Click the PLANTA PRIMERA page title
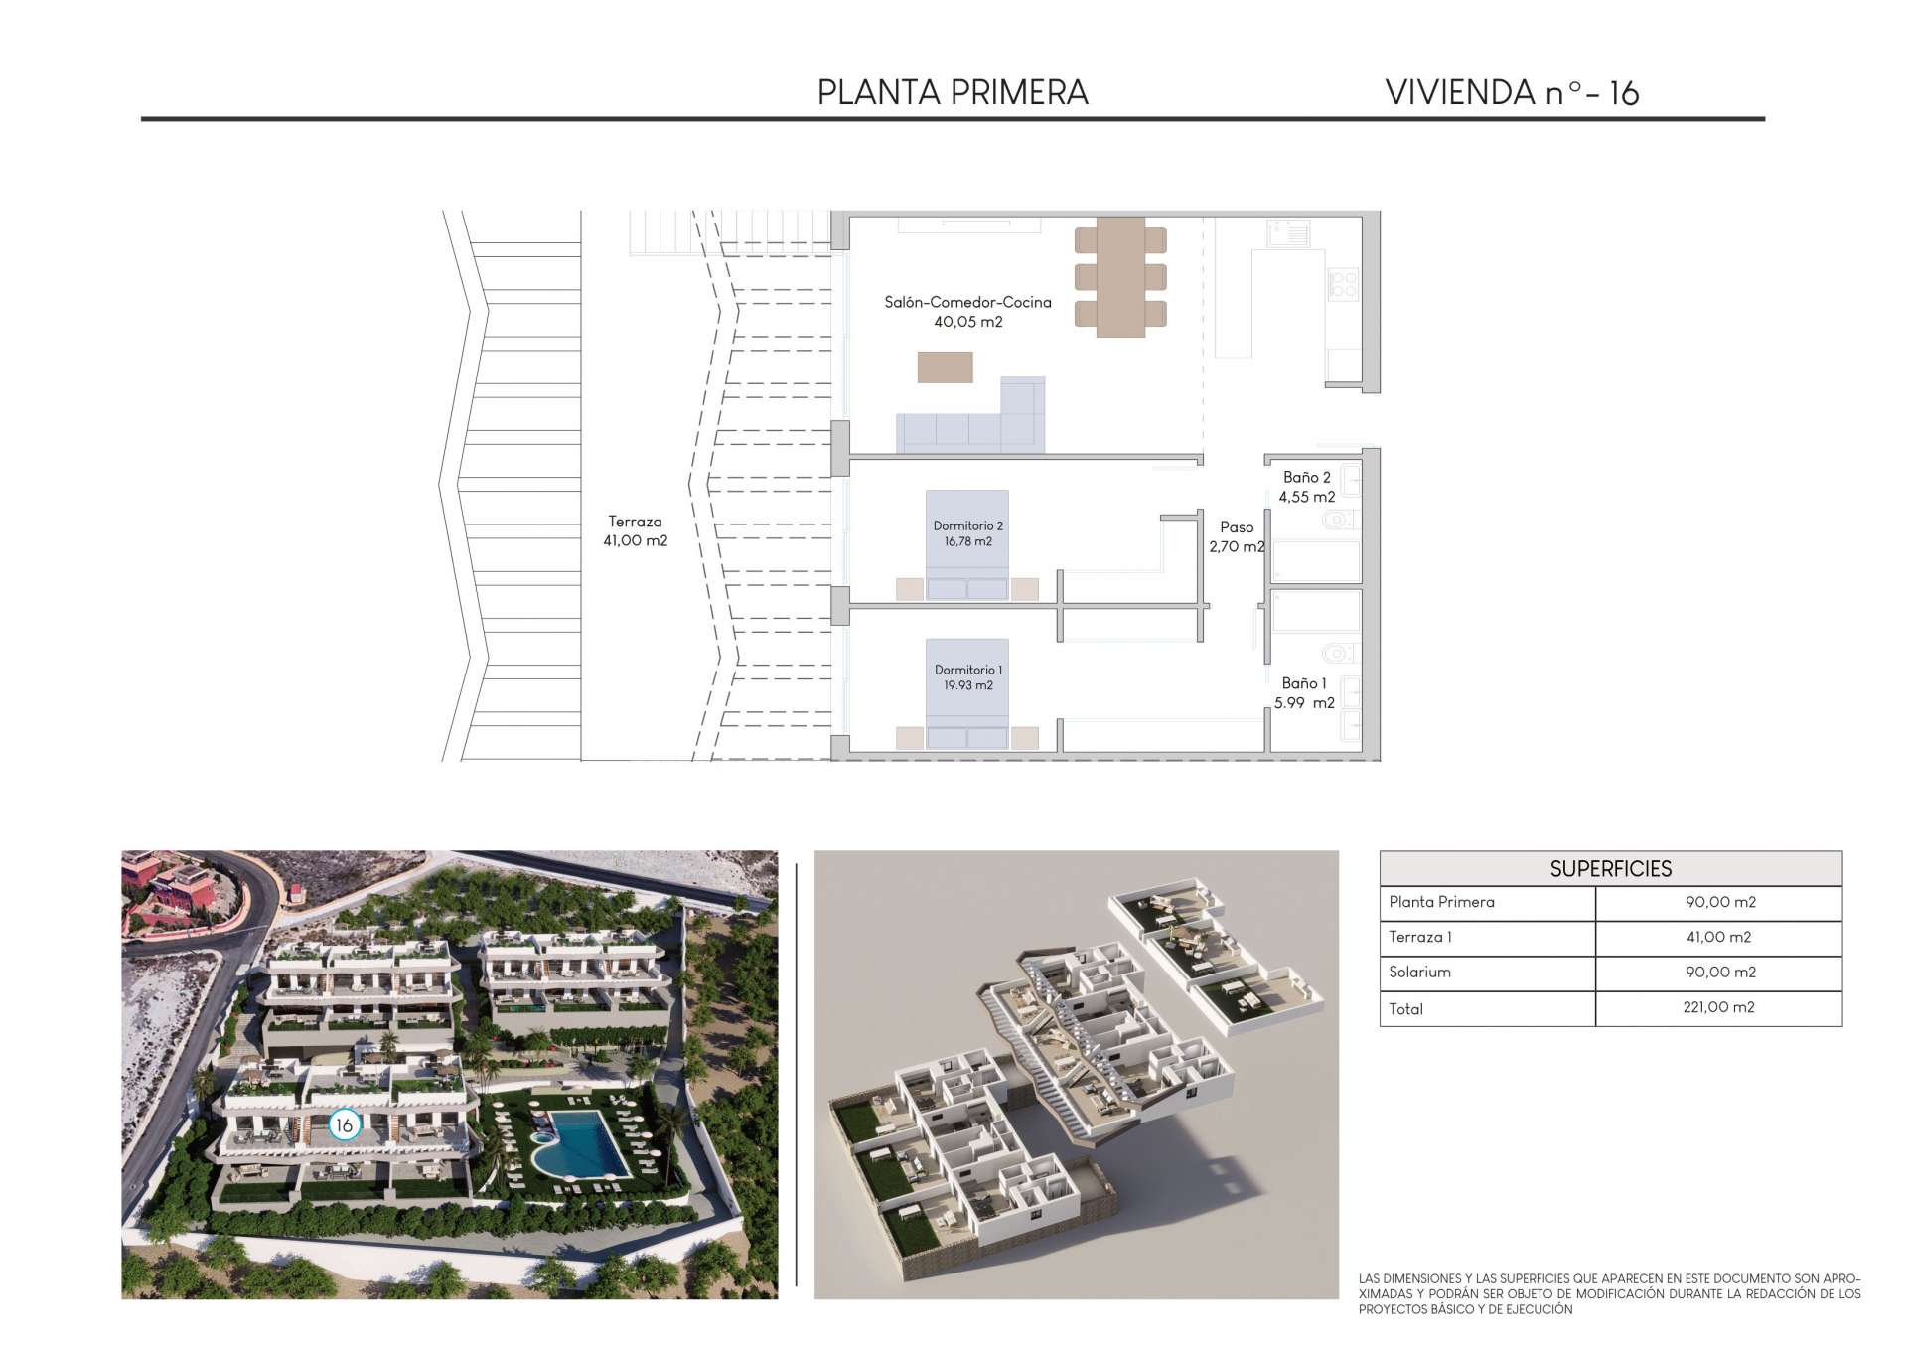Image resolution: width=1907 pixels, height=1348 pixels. coord(953,92)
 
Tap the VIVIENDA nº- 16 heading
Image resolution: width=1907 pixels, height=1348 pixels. coord(1512,92)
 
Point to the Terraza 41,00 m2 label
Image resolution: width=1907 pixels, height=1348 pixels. coord(636,531)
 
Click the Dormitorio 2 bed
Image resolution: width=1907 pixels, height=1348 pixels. coord(967,544)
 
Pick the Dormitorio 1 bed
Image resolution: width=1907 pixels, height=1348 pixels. coord(967,693)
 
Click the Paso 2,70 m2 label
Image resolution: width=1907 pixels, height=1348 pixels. coord(1237,537)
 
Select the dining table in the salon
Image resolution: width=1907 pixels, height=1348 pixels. coord(1120,277)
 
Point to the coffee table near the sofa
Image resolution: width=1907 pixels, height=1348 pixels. coord(945,367)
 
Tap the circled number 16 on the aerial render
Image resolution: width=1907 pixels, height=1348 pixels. coord(344,1125)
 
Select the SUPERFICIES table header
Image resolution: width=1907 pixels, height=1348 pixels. coord(1611,869)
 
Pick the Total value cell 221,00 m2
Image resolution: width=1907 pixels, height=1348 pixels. coord(1719,1007)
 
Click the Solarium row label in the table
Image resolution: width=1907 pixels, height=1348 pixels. coord(1419,972)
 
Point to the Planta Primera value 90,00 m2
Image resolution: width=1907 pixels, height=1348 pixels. coord(1720,902)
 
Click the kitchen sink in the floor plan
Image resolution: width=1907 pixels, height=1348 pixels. coord(1289,233)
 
